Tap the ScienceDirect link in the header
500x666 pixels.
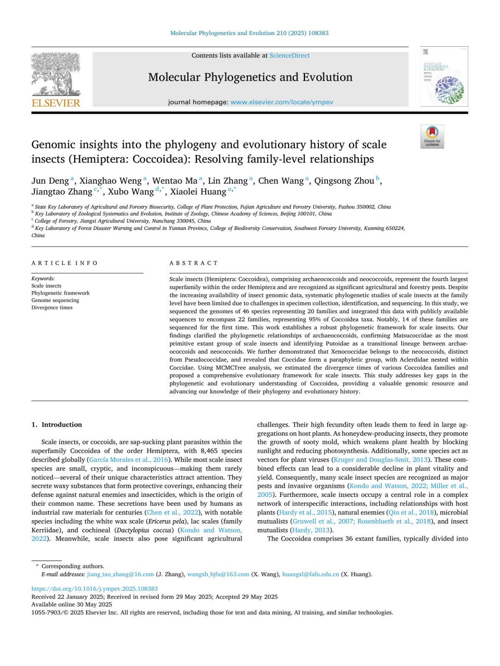pos(289,55)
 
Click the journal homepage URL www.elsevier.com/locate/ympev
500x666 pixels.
pos(282,102)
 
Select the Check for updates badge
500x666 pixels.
pos(432,136)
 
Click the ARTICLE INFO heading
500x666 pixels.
pos(65,263)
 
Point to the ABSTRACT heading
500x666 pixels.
pos(194,263)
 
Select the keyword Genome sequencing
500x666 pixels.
pos(55,300)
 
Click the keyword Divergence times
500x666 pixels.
pos(52,308)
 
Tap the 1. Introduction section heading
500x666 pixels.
pos(57,425)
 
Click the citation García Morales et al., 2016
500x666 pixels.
pos(129,460)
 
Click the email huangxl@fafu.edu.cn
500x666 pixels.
pos(310,574)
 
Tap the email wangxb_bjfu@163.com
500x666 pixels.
pos(218,574)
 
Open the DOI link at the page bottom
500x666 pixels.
pos(95,589)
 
